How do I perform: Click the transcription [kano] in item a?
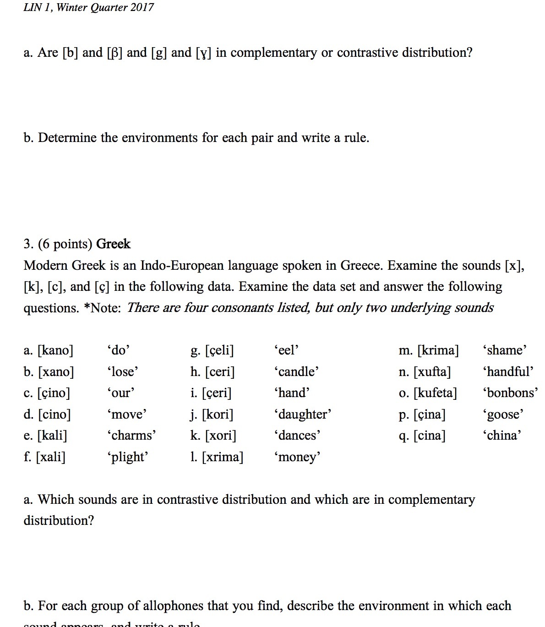tap(55, 350)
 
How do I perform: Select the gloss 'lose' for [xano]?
tap(122, 371)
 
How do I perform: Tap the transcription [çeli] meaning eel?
tap(219, 350)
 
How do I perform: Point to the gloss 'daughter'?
tap(302, 414)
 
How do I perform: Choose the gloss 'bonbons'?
tap(510, 393)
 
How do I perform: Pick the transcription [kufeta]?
tap(435, 393)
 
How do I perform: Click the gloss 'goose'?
tap(503, 414)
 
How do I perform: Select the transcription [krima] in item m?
tap(438, 350)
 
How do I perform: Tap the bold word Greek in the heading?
tap(113, 244)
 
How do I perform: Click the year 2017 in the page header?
tap(142, 7)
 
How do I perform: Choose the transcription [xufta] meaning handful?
tap(432, 371)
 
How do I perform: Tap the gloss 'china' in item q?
tap(501, 435)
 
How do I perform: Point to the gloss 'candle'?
tap(296, 371)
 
